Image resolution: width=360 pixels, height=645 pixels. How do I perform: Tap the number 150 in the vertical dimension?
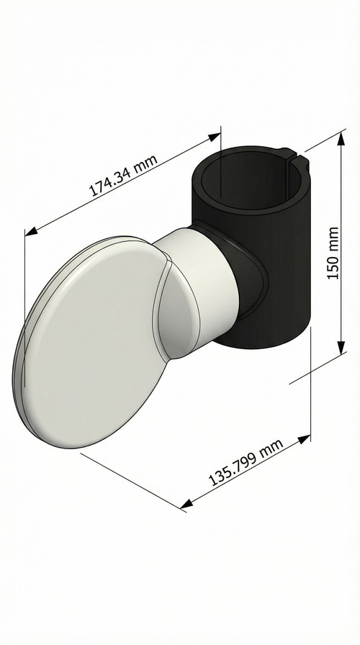[332, 266]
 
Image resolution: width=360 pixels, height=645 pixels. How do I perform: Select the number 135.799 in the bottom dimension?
[228, 472]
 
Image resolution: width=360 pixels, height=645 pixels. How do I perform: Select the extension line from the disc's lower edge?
[130, 479]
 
